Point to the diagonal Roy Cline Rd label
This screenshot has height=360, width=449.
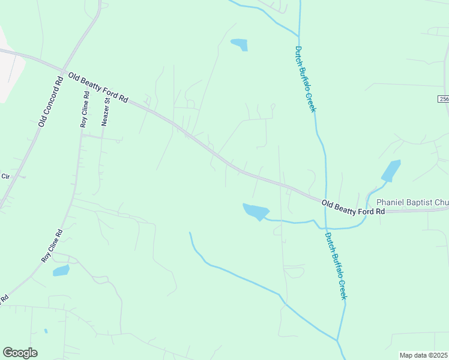[x=52, y=245]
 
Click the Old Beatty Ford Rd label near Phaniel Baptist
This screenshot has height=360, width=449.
[x=353, y=208]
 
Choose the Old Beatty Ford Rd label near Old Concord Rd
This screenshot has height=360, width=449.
[x=98, y=88]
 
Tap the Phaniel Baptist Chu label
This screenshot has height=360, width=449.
[x=411, y=203]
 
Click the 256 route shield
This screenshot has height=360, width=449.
[x=443, y=99]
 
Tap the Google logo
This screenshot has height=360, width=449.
[x=20, y=353]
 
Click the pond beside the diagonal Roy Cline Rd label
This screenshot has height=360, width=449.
[x=61, y=271]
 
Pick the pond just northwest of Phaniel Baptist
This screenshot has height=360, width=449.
[x=391, y=170]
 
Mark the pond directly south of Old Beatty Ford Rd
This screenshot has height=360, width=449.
[x=256, y=211]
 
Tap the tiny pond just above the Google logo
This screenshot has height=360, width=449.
[x=46, y=331]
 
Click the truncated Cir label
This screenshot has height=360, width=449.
[x=6, y=176]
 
